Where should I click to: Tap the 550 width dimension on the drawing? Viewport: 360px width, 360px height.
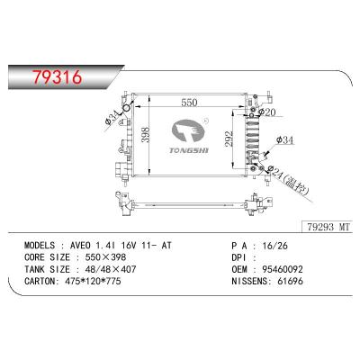[x=186, y=103]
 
